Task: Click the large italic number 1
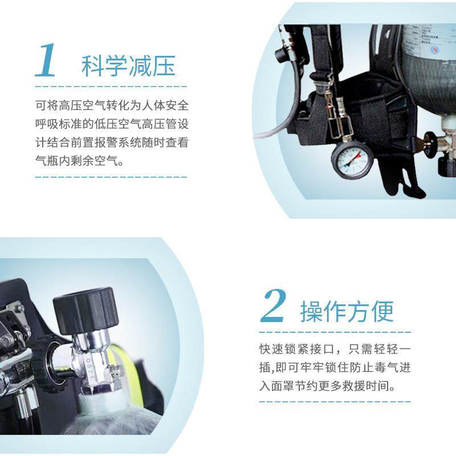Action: (47, 60)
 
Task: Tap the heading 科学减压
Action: (128, 66)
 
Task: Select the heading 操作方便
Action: (347, 311)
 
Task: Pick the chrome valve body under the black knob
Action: (91, 365)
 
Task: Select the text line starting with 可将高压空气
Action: (111, 106)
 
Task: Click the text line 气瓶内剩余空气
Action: (79, 161)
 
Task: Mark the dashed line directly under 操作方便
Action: (335, 331)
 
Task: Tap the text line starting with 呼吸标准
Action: (111, 124)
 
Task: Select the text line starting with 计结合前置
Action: (111, 142)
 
